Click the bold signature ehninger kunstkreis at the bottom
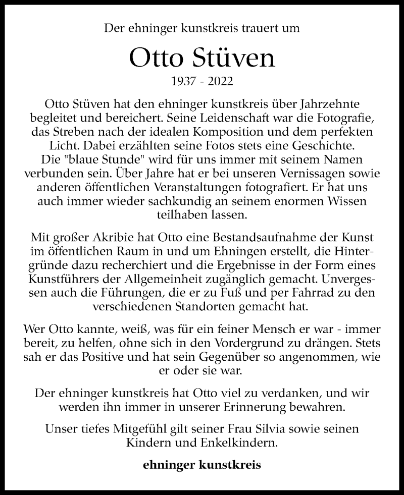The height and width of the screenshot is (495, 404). (202, 465)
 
